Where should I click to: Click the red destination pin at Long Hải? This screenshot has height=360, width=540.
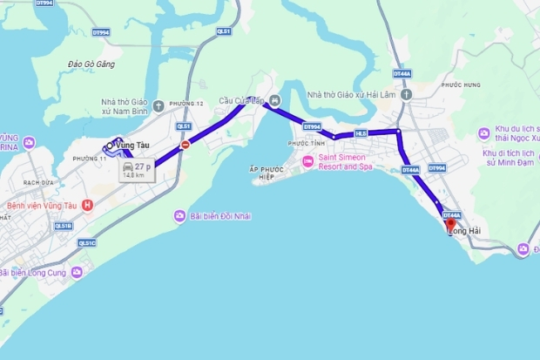(x=450, y=224)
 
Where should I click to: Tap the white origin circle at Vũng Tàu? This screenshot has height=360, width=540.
(x=110, y=146)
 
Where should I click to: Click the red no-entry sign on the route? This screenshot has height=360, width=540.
(x=185, y=146)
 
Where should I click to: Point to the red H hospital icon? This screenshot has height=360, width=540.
(x=87, y=206)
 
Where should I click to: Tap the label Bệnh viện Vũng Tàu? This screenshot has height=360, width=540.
(x=44, y=206)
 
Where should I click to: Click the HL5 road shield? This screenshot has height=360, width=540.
(x=361, y=133)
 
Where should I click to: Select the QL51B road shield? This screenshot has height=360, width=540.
(x=63, y=226)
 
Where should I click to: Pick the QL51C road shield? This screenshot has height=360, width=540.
(x=85, y=243)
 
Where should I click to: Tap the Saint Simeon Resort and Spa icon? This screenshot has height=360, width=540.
(x=307, y=161)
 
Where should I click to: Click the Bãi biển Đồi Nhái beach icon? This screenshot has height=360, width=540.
(x=179, y=215)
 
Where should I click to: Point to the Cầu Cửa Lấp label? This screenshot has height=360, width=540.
(x=240, y=99)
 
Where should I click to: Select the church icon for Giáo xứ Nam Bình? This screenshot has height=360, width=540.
(x=158, y=107)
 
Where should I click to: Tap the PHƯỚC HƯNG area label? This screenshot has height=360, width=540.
(x=461, y=85)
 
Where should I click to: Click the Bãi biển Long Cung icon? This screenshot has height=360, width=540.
(x=77, y=273)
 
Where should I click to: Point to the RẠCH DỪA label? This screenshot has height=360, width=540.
(x=39, y=182)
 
